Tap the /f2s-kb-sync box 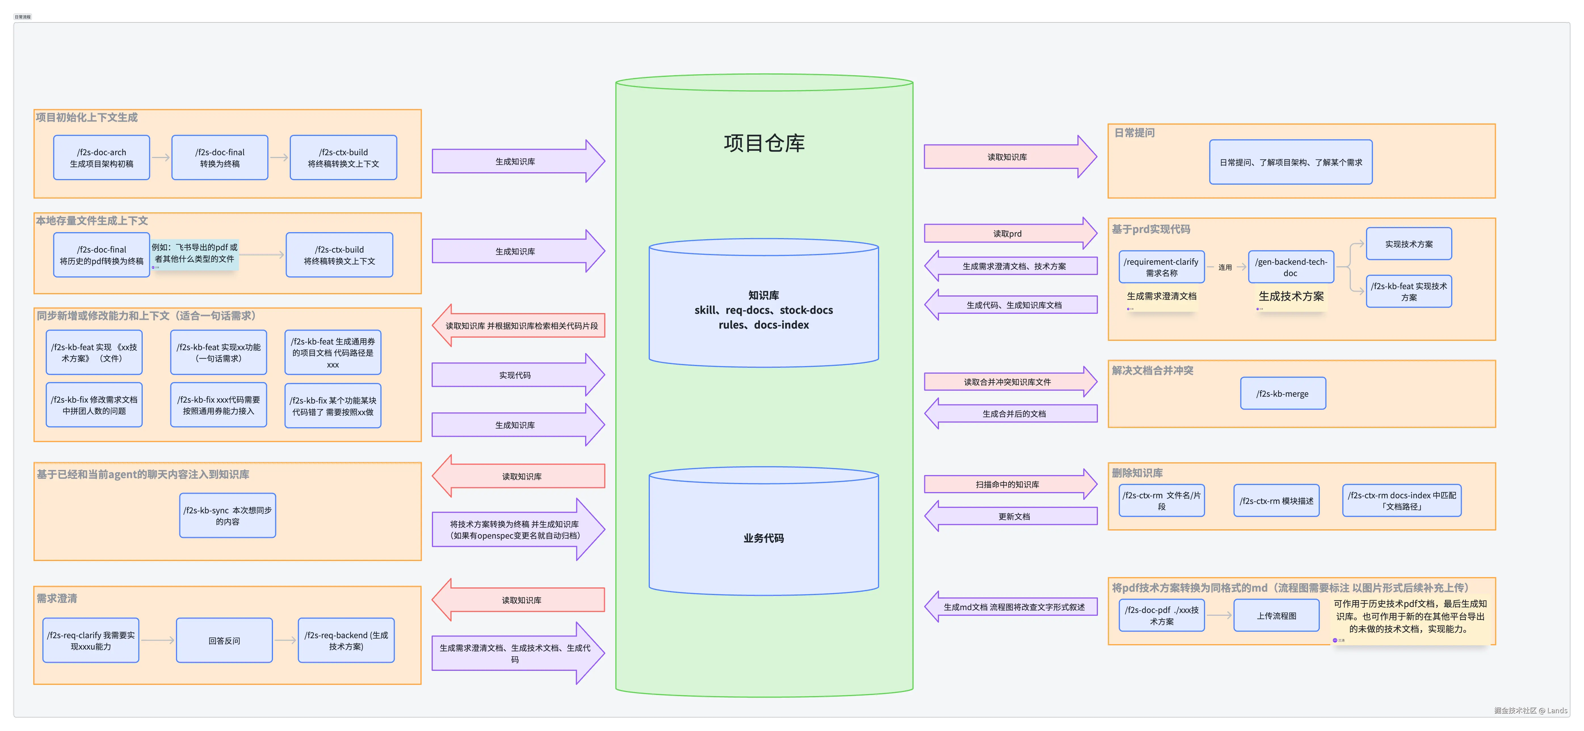point(228,516)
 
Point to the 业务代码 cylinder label point(763,538)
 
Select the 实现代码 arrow point(515,375)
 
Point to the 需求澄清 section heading point(56,598)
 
